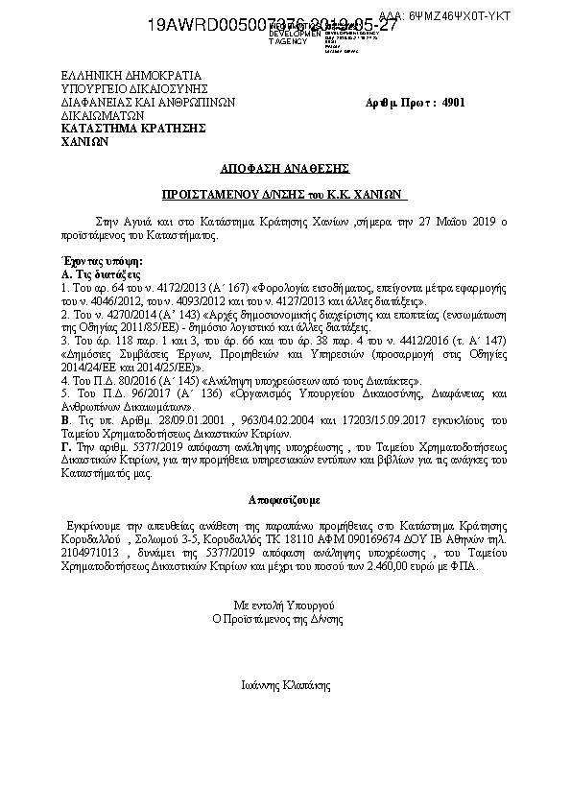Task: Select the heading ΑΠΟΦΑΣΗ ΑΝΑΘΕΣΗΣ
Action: coord(285,166)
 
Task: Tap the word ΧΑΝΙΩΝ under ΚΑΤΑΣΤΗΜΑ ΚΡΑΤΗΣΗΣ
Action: coord(84,139)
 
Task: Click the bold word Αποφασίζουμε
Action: coord(284,501)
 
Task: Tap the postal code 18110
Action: coord(270,541)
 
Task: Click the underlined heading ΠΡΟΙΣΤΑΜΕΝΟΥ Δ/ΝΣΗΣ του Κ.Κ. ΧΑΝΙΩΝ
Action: coord(285,193)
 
